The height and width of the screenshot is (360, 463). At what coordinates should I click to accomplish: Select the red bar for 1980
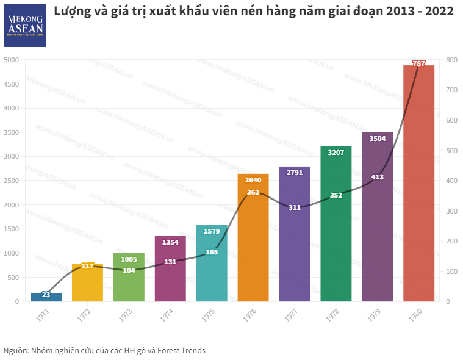click(418, 183)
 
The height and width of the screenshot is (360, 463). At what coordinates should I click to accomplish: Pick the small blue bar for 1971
click(46, 298)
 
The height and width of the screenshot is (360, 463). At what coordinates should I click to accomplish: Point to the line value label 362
click(253, 192)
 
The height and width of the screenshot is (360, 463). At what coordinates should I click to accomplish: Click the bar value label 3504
click(378, 139)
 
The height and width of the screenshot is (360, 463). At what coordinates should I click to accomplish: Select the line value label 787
click(419, 63)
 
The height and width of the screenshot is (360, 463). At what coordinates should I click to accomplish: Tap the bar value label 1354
click(170, 242)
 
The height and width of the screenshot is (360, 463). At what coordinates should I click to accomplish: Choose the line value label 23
click(46, 295)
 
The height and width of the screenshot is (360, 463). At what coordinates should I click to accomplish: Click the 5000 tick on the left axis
click(11, 60)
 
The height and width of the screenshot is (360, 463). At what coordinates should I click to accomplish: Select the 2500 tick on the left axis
click(11, 181)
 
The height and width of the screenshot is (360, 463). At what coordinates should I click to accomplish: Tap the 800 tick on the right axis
click(451, 60)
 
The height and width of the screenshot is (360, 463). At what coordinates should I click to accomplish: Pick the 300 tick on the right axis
click(451, 211)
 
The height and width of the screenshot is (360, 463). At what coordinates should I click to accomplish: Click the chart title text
click(253, 12)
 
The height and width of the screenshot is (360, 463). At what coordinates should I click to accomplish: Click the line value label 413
click(378, 177)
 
